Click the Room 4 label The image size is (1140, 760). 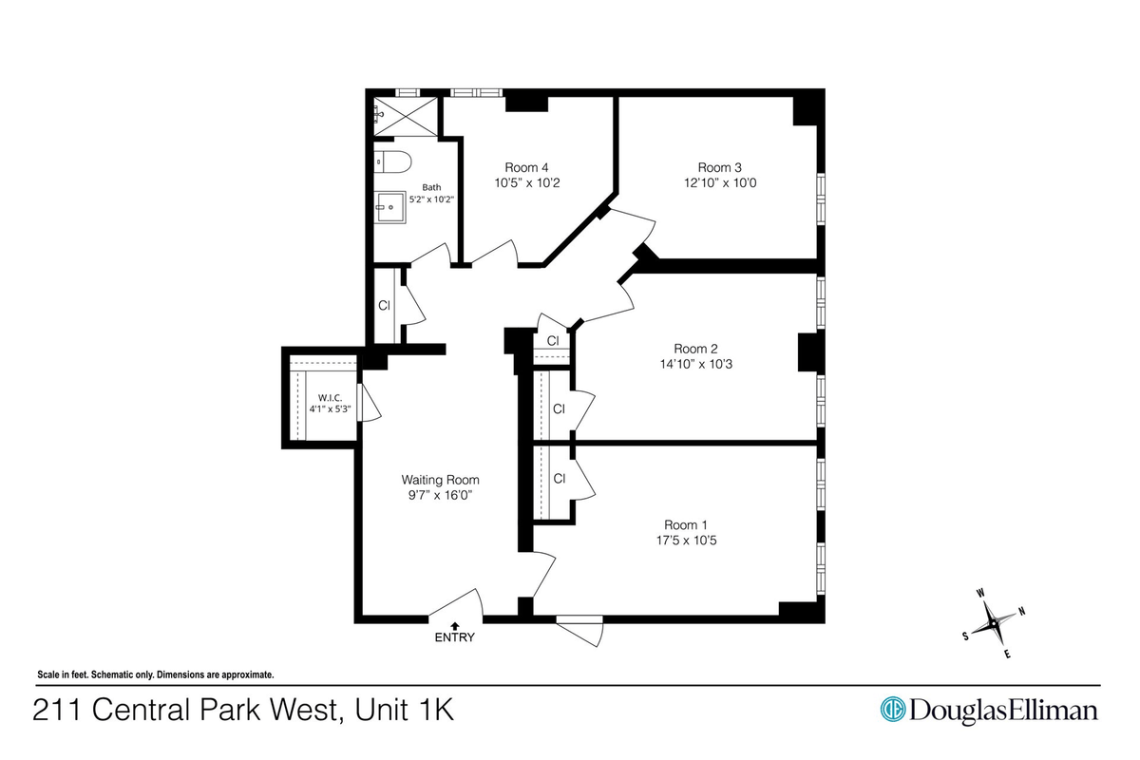coord(526,167)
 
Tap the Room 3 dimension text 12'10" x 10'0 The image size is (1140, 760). coord(720,182)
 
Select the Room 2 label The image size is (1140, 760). coord(695,349)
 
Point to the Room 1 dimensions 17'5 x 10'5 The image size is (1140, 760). coord(686,541)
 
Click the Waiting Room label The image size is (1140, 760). coord(440,480)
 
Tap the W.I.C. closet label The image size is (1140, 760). coord(331,398)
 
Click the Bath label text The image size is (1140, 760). coord(431,187)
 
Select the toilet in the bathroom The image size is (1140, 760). coord(392,161)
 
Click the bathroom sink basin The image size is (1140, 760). coord(389,207)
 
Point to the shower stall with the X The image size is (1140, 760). coord(406,117)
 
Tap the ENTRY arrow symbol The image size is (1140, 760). coord(454,626)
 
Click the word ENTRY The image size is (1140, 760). coord(454,637)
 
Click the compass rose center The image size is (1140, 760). coord(993,623)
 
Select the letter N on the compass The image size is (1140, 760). coord(1021,612)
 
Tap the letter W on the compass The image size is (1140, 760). coord(980,593)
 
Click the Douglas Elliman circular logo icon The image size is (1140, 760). coord(893,709)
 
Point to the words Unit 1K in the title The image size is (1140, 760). coord(404,710)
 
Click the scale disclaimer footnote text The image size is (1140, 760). coord(156,675)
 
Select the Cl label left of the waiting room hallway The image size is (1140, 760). coord(384,305)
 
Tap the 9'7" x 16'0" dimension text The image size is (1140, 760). coord(440,495)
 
